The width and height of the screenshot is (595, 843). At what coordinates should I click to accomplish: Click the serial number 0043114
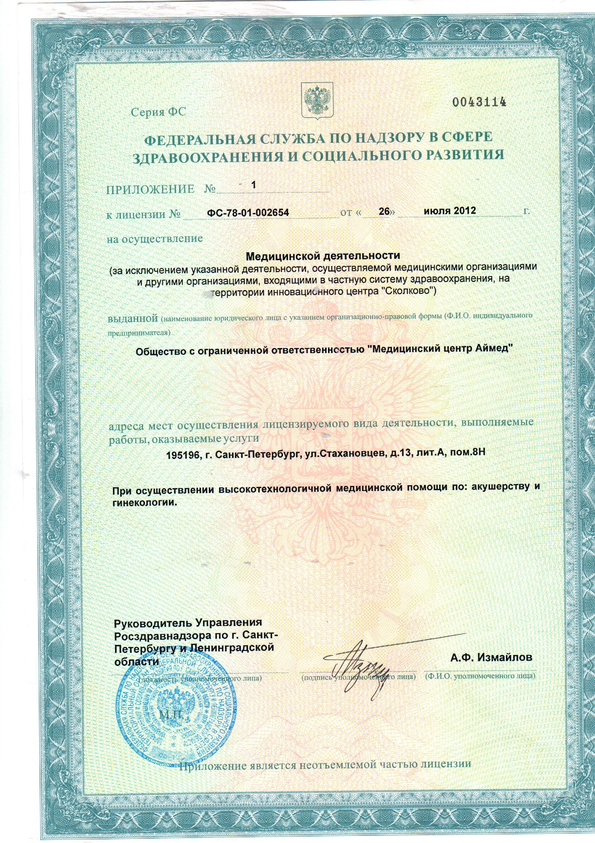pos(479,102)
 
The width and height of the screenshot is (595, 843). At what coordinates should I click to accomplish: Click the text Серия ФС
pos(159,112)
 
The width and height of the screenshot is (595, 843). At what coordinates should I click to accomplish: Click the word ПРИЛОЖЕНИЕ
pos(150,189)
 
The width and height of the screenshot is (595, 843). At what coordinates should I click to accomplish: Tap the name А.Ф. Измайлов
pos(491,657)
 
